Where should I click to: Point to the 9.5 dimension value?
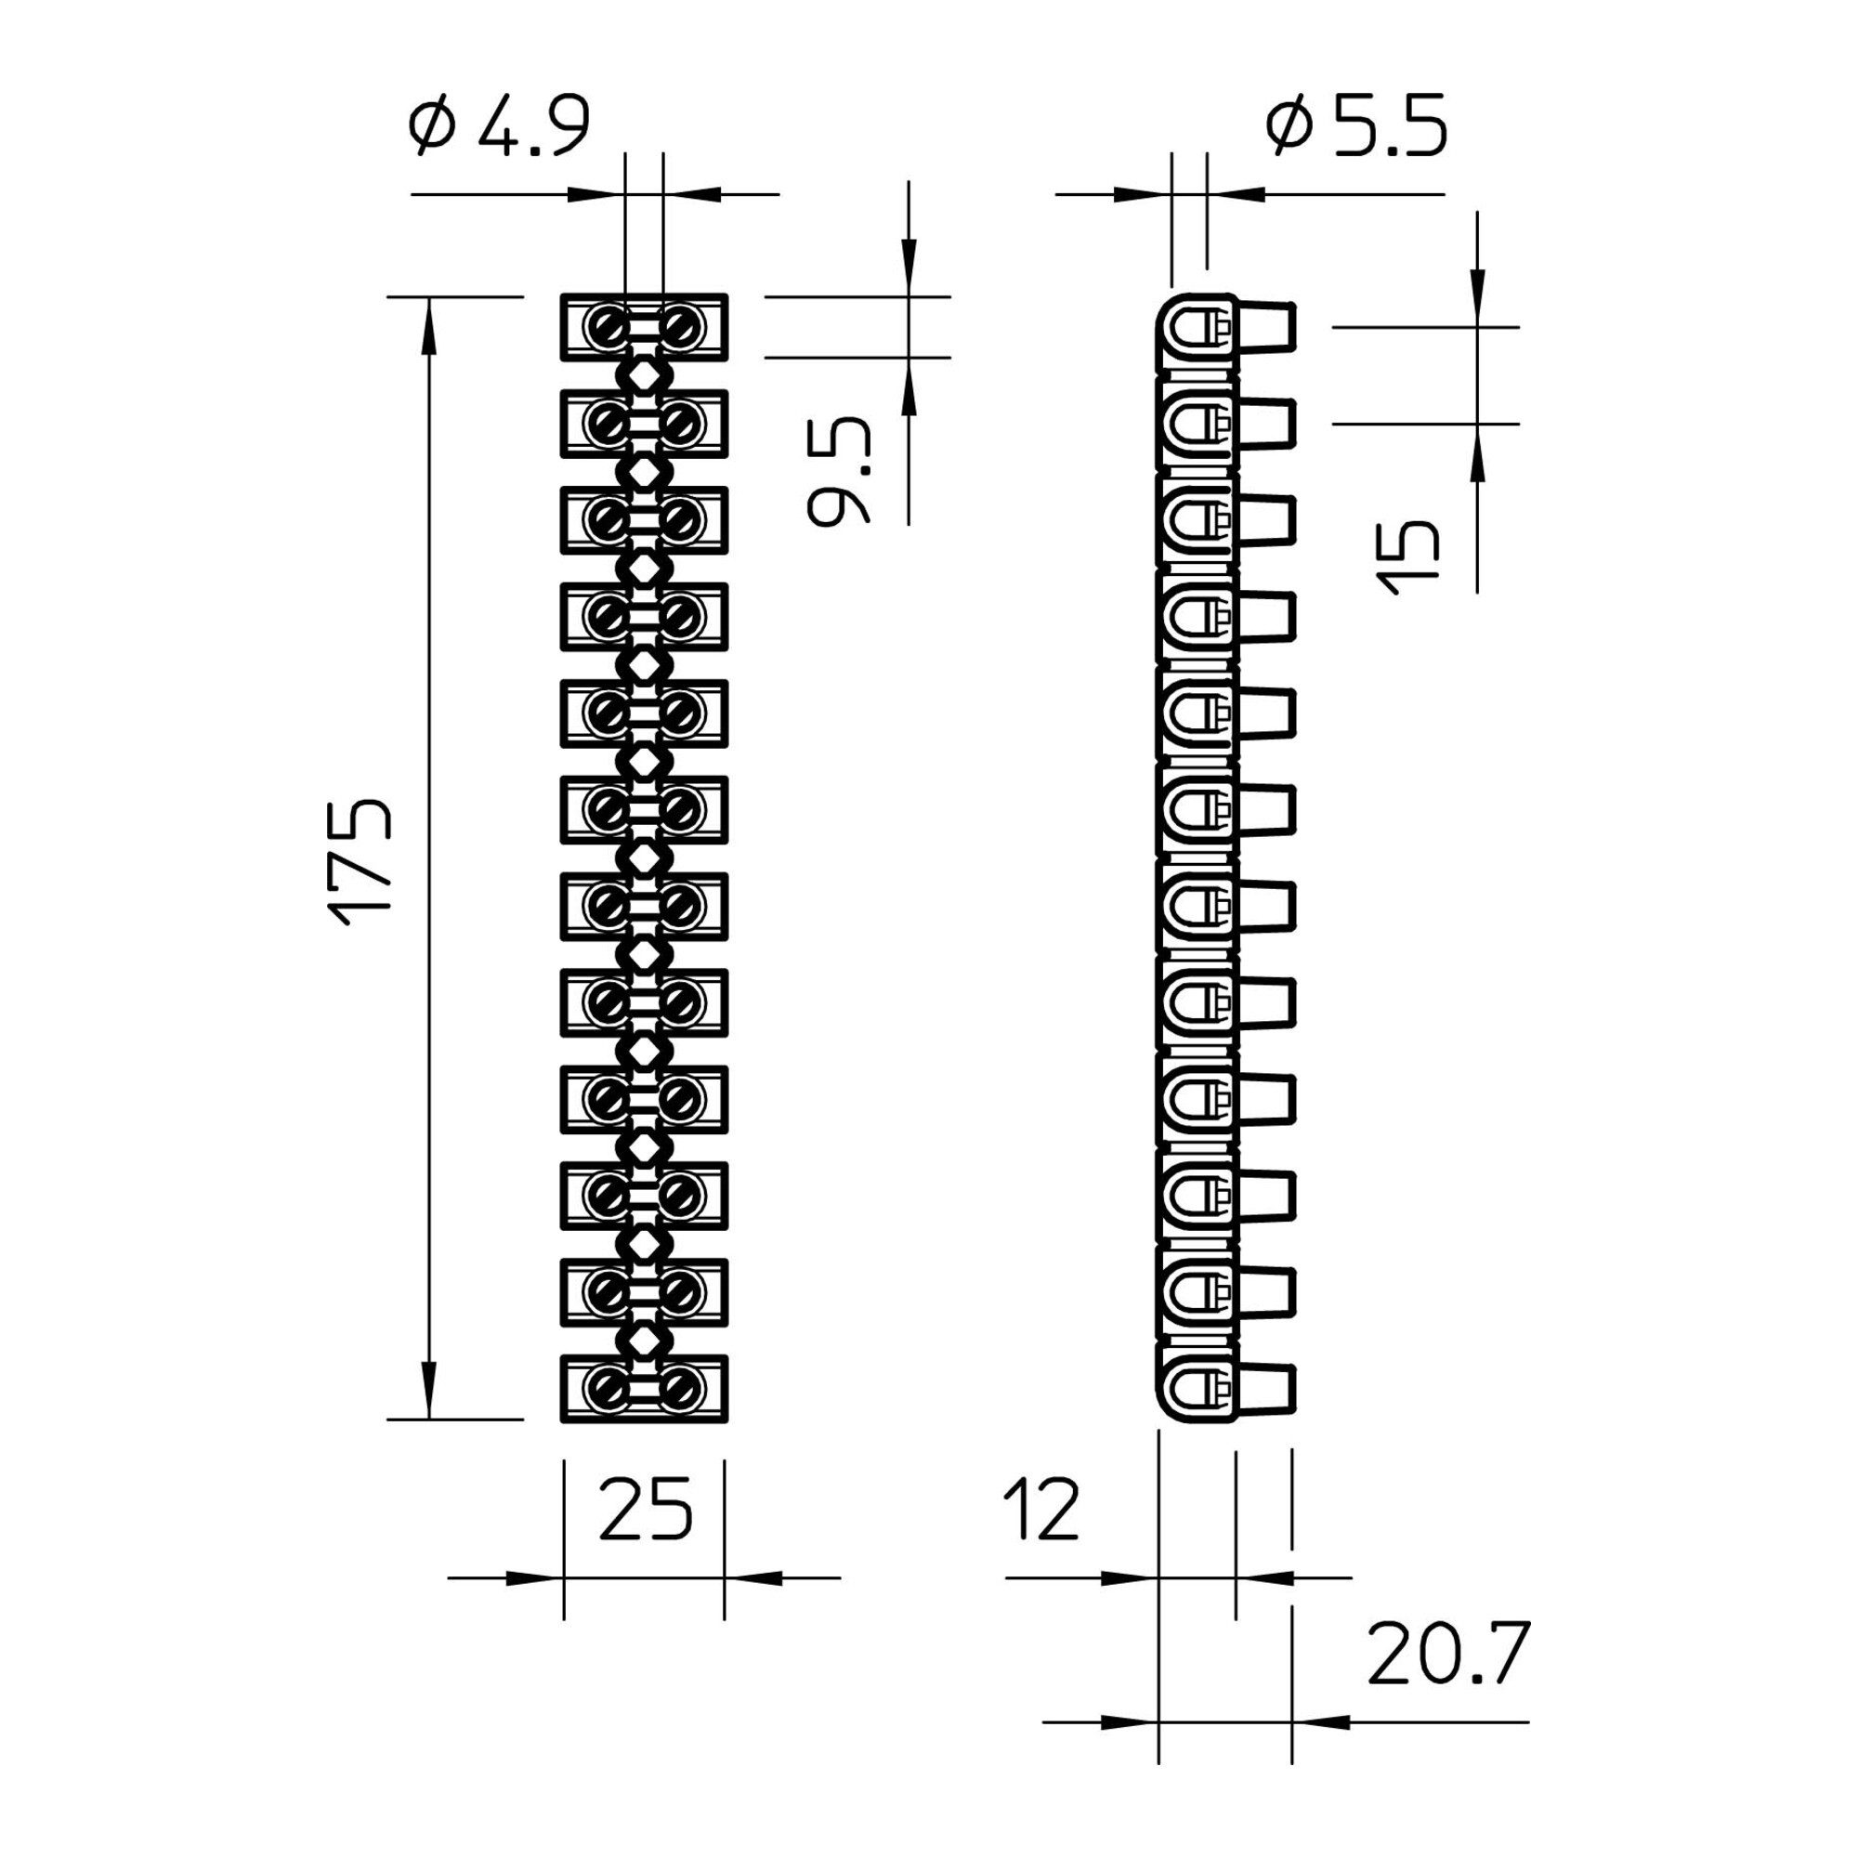click(x=838, y=471)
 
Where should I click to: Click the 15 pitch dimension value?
click(x=1409, y=556)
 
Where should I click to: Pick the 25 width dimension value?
click(x=645, y=1507)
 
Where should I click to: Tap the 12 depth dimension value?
click(x=1041, y=1507)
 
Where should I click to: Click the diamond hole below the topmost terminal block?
click(x=644, y=374)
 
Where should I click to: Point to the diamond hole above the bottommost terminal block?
click(x=644, y=1339)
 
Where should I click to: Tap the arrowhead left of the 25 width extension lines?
click(x=535, y=1577)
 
